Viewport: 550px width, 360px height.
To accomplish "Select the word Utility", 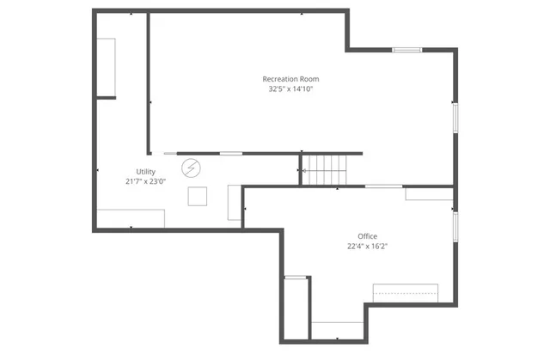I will [145, 172].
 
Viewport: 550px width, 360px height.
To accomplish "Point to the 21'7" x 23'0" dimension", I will [145, 181].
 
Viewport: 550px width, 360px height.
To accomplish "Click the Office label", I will [367, 236].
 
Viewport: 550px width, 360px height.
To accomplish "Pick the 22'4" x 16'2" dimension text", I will [367, 246].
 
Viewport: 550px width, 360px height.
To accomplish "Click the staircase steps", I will [325, 170].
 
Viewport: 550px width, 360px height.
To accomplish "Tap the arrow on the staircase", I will [303, 171].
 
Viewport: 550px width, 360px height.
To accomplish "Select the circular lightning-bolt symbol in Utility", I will [192, 167].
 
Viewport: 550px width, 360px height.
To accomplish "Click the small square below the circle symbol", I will [198, 196].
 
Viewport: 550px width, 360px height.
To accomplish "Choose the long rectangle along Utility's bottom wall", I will [130, 218].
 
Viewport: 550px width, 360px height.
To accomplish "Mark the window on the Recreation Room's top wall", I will [407, 50].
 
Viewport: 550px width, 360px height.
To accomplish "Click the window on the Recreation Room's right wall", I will [455, 118].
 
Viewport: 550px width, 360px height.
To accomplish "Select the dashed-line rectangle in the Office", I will [405, 293].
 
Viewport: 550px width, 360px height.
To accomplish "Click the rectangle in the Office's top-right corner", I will [428, 193].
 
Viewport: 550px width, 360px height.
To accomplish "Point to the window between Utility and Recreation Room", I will [230, 154].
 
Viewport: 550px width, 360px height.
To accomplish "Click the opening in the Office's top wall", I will [383, 186].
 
